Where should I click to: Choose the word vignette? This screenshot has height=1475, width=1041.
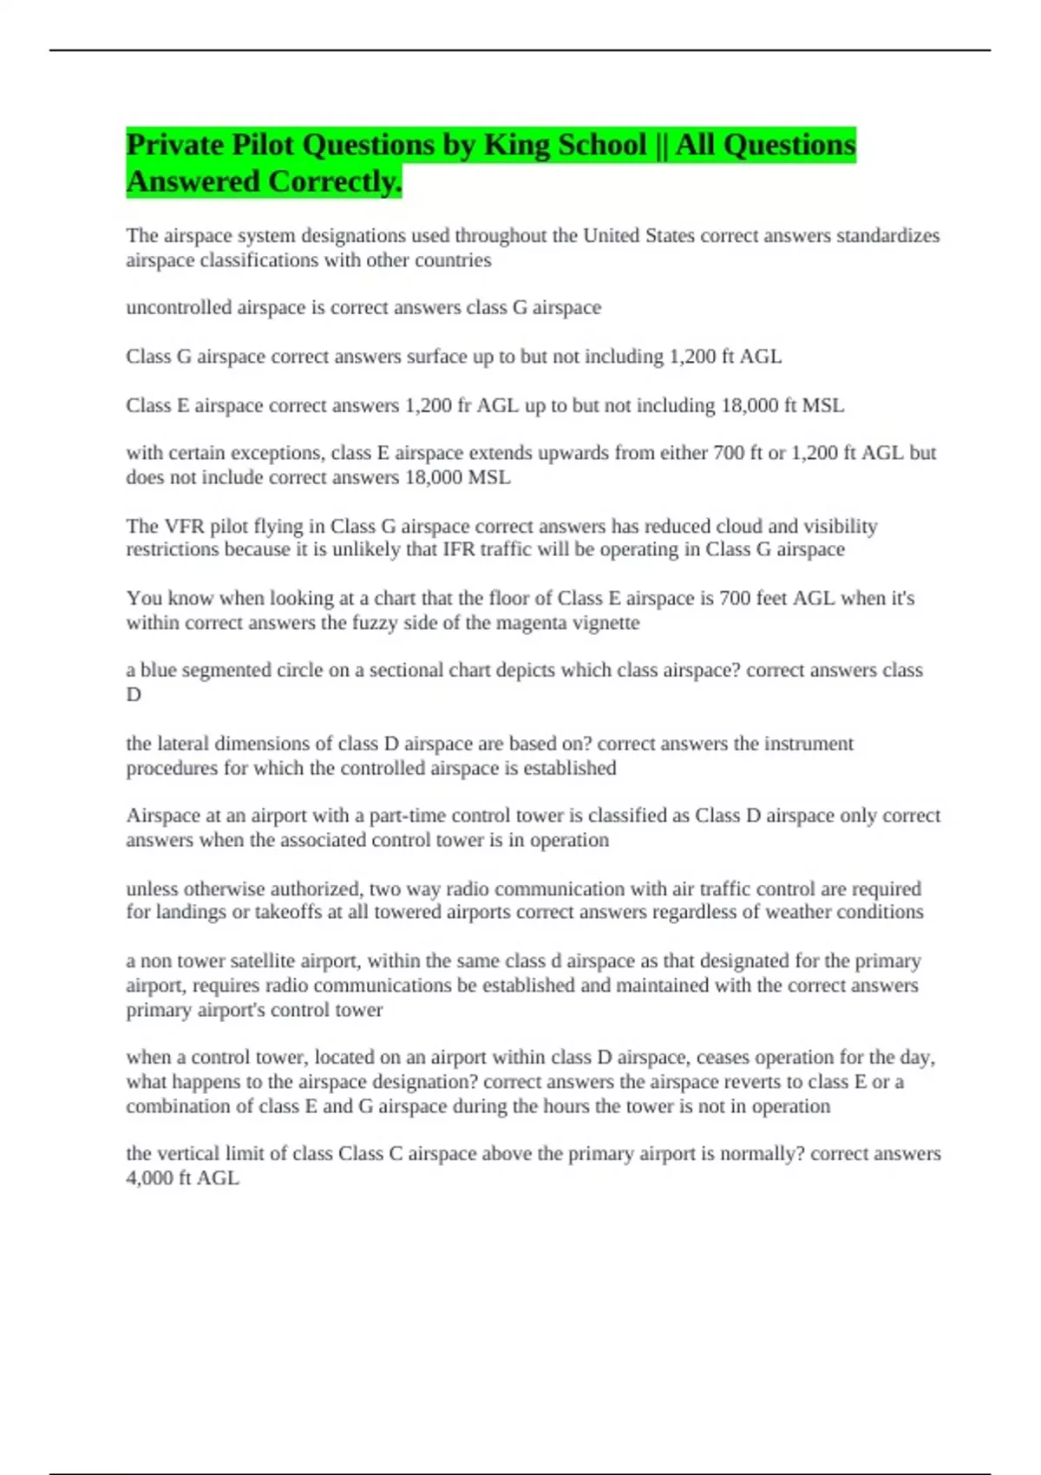605,623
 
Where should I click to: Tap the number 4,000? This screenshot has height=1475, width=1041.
150,1178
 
